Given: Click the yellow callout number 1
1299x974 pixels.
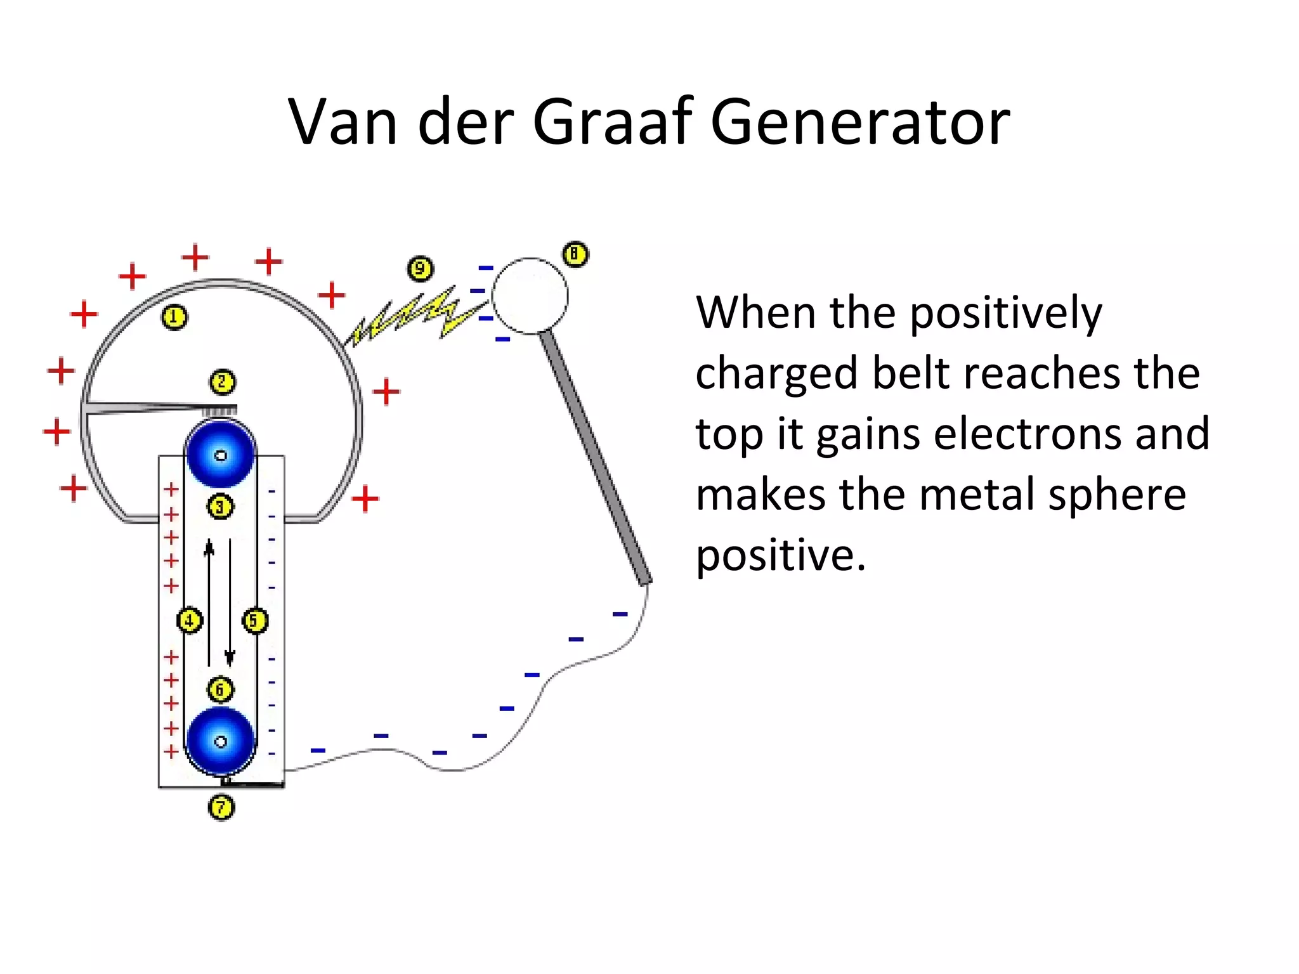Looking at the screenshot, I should (174, 317).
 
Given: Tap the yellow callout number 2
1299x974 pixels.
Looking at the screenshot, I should (222, 382).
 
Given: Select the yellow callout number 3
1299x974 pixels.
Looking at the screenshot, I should (220, 507).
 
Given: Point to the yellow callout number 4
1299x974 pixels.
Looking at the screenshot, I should (190, 620).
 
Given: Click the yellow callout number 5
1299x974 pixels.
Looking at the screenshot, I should (255, 620).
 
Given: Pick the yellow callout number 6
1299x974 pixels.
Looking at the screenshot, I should (220, 689).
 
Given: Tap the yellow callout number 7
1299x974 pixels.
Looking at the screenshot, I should (221, 807).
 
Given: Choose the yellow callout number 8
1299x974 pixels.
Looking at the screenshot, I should (575, 254).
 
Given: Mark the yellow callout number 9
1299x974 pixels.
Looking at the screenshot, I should (420, 269).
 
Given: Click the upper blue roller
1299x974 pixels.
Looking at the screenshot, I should (220, 455).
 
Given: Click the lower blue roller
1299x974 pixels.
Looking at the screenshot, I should (220, 741).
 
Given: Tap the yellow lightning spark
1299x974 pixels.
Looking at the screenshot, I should (412, 317).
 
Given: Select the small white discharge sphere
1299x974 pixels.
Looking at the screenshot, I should (530, 295).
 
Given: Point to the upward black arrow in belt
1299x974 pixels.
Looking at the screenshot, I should (209, 602).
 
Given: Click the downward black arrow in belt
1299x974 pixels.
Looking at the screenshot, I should (230, 602).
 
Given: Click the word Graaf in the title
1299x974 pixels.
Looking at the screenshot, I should (611, 122).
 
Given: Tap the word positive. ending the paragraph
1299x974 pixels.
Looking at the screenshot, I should (780, 555).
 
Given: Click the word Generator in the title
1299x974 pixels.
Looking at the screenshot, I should (859, 122).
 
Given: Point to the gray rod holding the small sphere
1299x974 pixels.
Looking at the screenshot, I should (595, 457).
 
